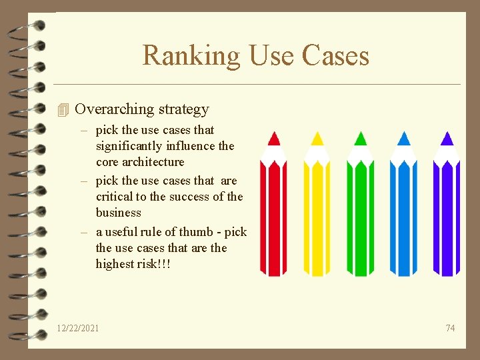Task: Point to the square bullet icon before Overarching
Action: point(63,110)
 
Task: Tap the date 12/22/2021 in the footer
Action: point(78,328)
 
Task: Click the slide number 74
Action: point(450,328)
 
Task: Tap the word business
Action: point(119,213)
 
